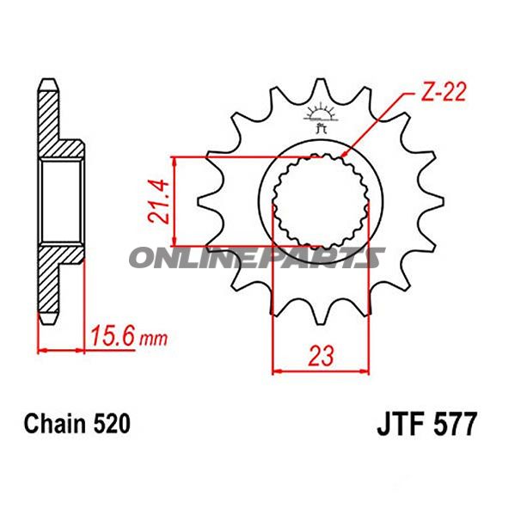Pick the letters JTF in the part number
pyautogui.click(x=401, y=425)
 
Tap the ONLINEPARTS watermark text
pyautogui.click(x=257, y=257)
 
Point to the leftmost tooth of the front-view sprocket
pyautogui.click(x=206, y=203)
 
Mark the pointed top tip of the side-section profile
pyautogui.click(x=49, y=82)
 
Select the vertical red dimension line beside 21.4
pyautogui.click(x=175, y=201)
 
